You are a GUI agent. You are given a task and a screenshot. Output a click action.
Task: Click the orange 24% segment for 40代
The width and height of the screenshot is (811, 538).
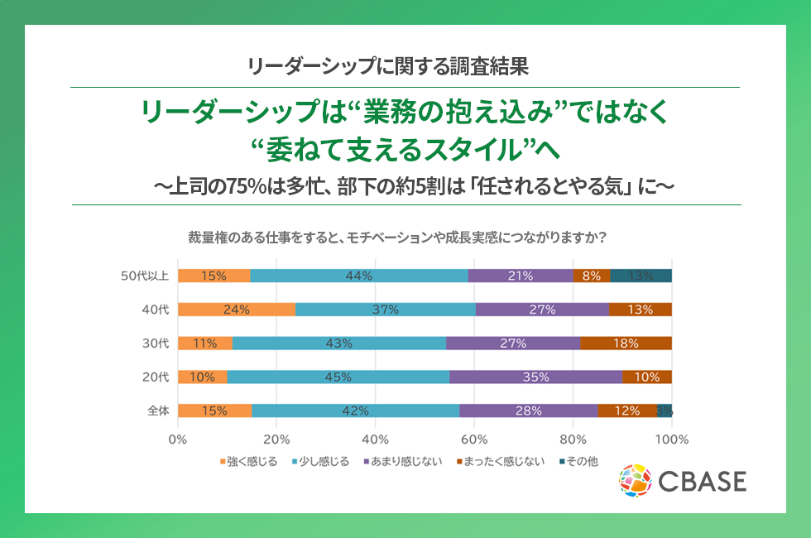coord(236,310)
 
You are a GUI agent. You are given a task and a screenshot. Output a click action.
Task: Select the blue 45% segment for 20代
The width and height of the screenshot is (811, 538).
coord(338,377)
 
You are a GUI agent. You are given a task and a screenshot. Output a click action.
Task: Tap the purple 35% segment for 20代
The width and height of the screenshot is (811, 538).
coord(535,377)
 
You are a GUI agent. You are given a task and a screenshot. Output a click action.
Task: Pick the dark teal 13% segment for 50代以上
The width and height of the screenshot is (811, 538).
coord(641,276)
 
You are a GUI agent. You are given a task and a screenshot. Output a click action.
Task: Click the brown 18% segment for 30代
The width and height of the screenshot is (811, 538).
coord(626,343)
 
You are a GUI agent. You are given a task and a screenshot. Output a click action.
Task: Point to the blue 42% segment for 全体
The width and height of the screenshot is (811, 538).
coord(356,410)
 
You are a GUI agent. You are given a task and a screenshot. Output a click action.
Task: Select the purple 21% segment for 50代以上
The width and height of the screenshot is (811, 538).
coord(521,276)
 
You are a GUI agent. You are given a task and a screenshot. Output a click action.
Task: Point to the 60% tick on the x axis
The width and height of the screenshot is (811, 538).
coord(474,439)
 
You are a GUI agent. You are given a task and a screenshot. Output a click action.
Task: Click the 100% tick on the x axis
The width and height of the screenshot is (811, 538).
coord(672,439)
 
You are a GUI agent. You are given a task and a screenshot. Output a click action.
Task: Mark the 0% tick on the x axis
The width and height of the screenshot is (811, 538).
coord(178,439)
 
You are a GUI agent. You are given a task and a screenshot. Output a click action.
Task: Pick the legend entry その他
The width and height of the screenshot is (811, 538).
coord(578,461)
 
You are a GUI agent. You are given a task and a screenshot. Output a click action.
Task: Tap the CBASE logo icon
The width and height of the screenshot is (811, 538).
coord(636,481)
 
